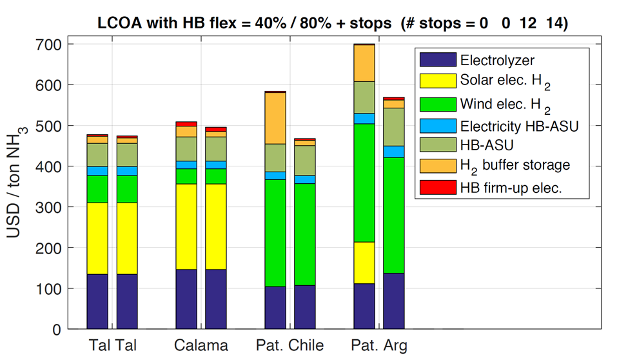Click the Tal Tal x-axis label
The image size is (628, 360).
click(112, 346)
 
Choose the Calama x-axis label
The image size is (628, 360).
click(201, 346)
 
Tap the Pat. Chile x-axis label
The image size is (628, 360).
click(290, 346)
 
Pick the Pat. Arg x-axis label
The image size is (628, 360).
click(379, 346)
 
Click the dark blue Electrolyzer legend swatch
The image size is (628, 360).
click(437, 60)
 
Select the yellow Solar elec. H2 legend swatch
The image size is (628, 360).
click(437, 81)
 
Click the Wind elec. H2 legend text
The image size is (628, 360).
click(505, 103)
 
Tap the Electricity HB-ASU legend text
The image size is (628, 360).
click(519, 125)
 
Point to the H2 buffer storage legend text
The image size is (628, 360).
click(515, 165)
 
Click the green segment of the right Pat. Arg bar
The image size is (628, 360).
click(394, 215)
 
